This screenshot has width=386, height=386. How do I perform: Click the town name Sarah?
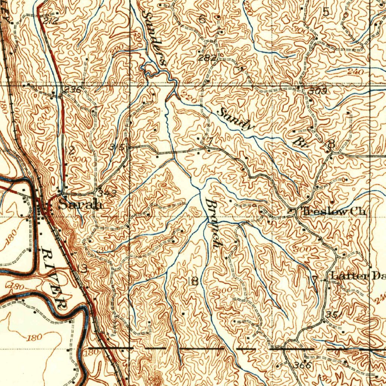[x=80, y=205]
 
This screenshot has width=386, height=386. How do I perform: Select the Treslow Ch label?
[x=334, y=212]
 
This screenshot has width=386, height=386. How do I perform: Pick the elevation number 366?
[x=302, y=365]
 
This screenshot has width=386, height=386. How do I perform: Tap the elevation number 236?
[x=72, y=90]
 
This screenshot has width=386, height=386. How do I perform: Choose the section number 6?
[x=202, y=20]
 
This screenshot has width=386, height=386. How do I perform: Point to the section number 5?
[x=326, y=12]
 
